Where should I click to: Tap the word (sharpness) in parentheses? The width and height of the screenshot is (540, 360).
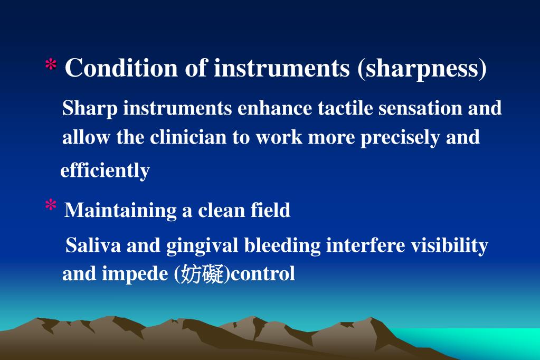pos(422,69)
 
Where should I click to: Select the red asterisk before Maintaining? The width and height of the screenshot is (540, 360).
pos(51,207)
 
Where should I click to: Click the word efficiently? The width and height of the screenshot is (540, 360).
pos(105,170)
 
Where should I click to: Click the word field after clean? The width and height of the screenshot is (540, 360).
pos(270,210)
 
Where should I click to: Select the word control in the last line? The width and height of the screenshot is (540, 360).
pos(263,274)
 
